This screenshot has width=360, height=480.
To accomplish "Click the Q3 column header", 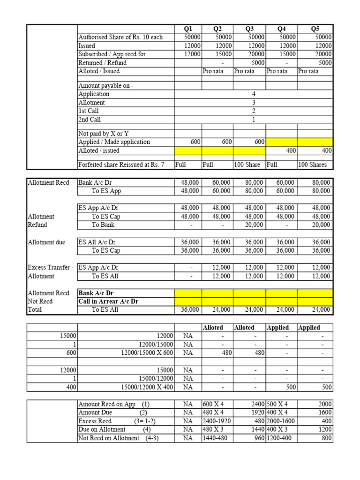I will point(249,29).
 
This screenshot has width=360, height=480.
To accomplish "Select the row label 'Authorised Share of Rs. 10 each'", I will point(120,37).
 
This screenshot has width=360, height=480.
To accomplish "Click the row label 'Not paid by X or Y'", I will point(103,134).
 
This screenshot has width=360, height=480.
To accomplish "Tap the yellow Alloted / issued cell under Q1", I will point(188,150).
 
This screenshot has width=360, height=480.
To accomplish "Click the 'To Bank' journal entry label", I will point(103,225).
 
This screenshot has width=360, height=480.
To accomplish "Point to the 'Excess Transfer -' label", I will point(50,268).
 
